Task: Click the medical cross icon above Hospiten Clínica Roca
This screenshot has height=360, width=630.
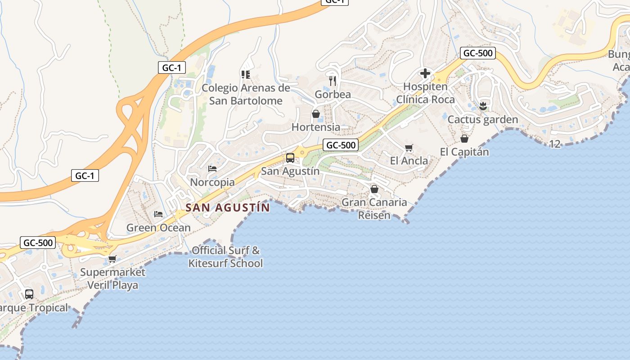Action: pos(425,73)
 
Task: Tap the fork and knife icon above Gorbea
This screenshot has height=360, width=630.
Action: pos(333,81)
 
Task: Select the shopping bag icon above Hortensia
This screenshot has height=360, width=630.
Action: pos(316,114)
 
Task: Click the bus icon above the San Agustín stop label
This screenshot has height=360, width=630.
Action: pos(290,158)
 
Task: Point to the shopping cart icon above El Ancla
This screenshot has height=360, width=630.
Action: pos(409,148)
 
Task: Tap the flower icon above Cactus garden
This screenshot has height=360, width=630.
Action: pos(483,106)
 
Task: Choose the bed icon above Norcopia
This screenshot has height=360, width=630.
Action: pos(212,169)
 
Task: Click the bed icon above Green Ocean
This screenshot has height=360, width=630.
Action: pos(158,214)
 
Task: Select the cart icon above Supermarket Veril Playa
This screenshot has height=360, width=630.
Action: pos(112,259)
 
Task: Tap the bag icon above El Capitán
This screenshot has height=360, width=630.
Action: pos(464,139)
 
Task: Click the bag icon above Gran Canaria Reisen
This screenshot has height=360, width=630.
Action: pos(374,189)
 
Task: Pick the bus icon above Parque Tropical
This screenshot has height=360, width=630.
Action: pos(29,294)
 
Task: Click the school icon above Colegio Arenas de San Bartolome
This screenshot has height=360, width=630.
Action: pos(246,74)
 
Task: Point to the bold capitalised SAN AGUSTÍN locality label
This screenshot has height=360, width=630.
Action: pos(228,207)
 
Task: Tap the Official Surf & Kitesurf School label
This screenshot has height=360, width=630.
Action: pos(225,257)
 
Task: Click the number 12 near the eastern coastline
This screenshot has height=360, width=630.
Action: pos(555,144)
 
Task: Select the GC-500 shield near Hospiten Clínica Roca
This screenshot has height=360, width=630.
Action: pos(478,53)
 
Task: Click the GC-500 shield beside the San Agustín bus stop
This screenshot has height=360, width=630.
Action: pos(341,145)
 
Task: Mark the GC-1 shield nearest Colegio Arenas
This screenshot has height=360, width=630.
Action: pos(172,68)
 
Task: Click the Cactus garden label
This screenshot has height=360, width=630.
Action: pos(483,120)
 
